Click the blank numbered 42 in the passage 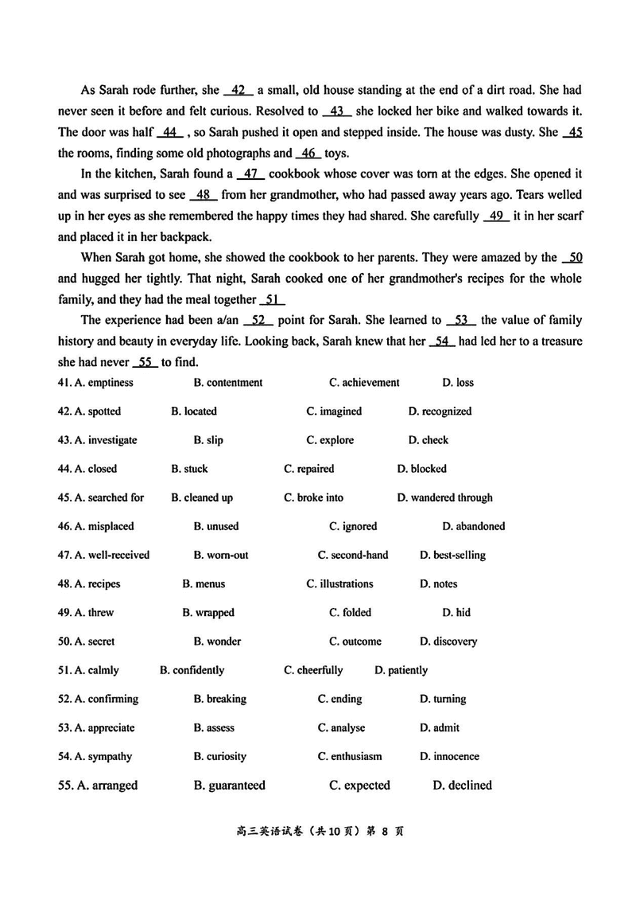point(238,90)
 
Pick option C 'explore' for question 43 point(330,440)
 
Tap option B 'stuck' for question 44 point(189,469)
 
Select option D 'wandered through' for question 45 point(444,497)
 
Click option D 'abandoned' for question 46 point(473,526)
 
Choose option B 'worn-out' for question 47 point(220,555)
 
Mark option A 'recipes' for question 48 point(97,584)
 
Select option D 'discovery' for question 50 point(448,642)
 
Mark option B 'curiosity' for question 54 point(219,756)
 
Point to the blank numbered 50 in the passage point(573,257)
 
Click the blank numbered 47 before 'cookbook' point(250,174)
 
